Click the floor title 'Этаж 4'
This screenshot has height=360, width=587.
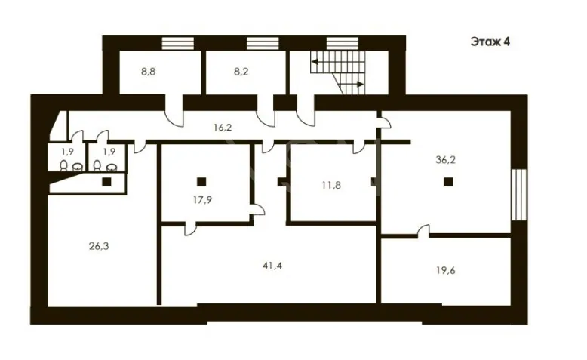coord(490,42)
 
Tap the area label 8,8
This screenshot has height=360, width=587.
coord(148,72)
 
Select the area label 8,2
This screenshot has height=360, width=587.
coord(241,72)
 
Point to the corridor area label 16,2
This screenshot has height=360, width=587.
coord(223,128)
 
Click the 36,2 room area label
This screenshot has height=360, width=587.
coord(445,160)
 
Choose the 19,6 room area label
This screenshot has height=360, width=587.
coord(445,270)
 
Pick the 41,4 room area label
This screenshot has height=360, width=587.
coord(272,266)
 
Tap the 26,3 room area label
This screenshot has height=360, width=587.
coord(99,246)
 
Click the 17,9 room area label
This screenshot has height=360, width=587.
coord(202,200)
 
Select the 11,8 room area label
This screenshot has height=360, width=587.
coord(331,185)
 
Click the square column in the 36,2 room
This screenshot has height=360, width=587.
coord(448,182)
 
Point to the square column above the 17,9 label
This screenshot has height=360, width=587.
coord(201,182)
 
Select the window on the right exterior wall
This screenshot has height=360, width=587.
coord(519,195)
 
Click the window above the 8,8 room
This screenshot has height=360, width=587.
coord(178,43)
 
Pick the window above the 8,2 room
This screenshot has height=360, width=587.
coord(263,43)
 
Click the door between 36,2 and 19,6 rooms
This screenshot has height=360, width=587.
coord(423,230)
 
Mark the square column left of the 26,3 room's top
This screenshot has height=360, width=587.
coord(106,182)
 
